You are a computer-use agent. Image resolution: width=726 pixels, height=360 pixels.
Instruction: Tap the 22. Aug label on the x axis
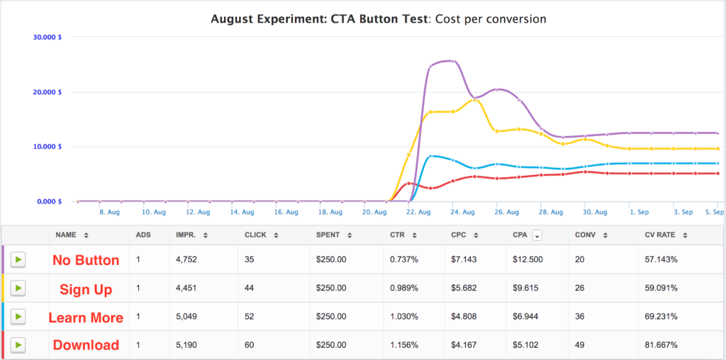[419, 211]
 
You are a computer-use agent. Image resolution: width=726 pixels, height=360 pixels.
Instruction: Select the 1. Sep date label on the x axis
[639, 211]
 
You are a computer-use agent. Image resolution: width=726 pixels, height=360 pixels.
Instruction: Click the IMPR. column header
[188, 235]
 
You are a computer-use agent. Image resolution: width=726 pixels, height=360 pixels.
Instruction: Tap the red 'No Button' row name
[86, 260]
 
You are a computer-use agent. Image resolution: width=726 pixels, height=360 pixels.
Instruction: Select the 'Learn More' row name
[86, 317]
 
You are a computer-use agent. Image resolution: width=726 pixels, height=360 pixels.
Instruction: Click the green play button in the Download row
[18, 345]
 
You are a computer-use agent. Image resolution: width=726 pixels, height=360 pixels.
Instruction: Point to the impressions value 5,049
[189, 317]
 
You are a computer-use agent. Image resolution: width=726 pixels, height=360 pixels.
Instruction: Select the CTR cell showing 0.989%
[405, 288]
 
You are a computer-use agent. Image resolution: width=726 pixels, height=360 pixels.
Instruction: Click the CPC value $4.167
[464, 345]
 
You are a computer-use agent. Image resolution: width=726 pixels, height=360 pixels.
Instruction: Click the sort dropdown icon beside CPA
[537, 235]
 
